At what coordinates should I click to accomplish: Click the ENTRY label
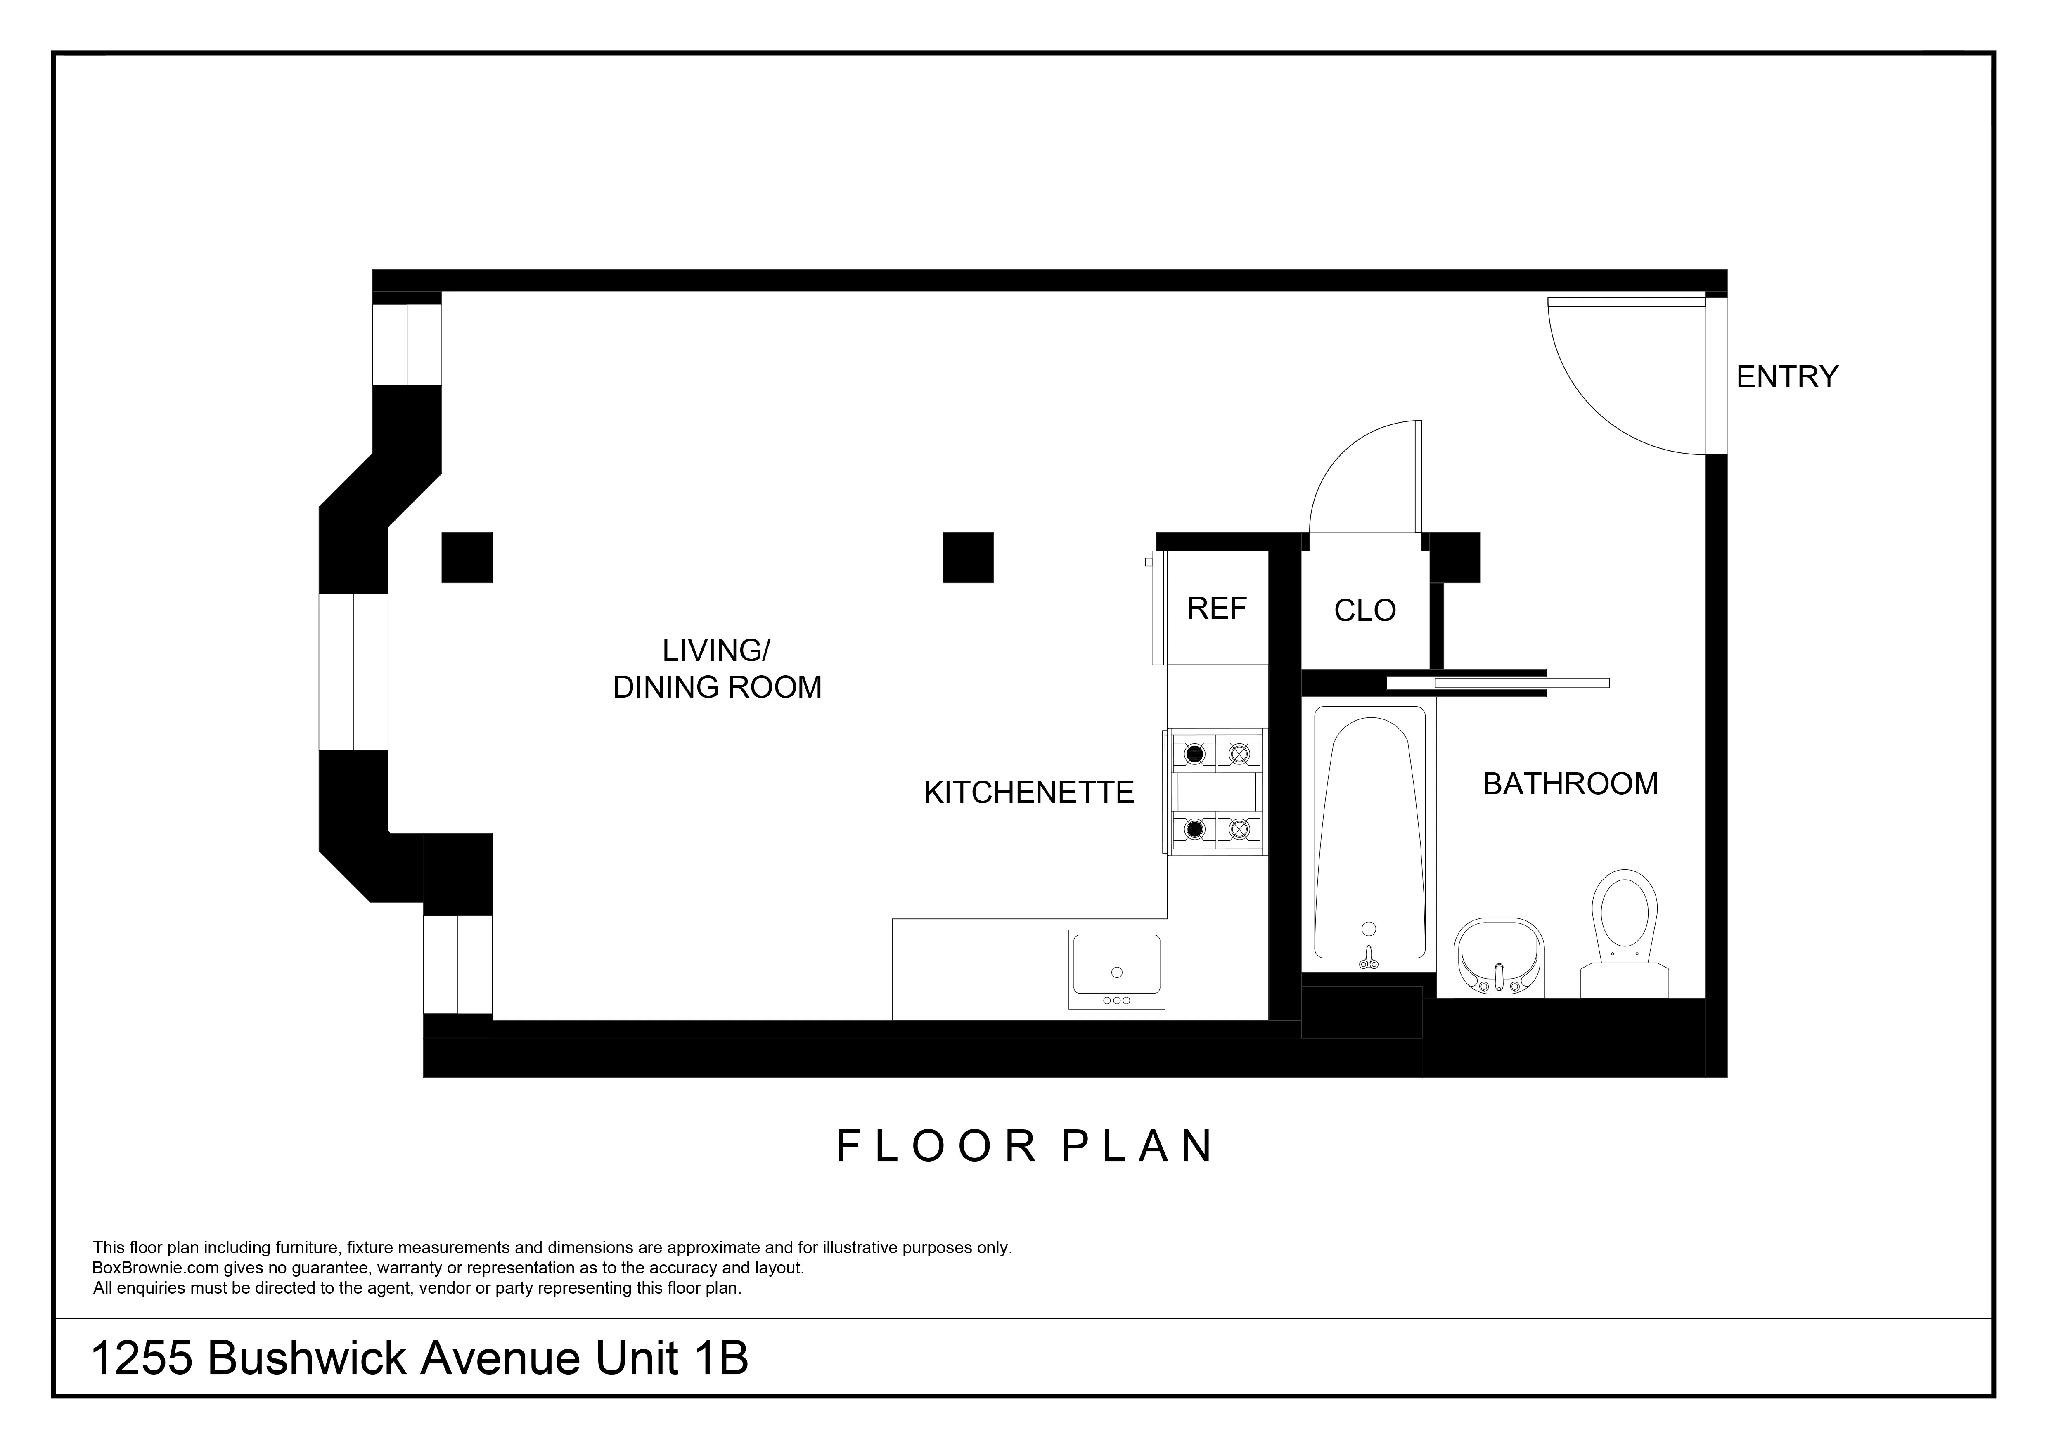click(x=1786, y=377)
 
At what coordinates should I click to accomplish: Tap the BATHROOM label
click(x=1570, y=784)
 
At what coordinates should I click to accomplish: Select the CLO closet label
click(x=1364, y=611)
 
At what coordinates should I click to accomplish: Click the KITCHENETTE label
click(x=1028, y=792)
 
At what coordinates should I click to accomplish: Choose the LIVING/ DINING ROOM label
click(x=717, y=669)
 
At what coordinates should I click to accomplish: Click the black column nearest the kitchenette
click(x=967, y=558)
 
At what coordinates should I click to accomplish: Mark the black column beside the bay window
click(x=467, y=558)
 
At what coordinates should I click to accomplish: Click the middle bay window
click(x=353, y=672)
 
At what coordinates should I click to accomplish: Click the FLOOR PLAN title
click(x=1025, y=1146)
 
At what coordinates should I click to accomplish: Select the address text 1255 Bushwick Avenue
click(x=339, y=1359)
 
